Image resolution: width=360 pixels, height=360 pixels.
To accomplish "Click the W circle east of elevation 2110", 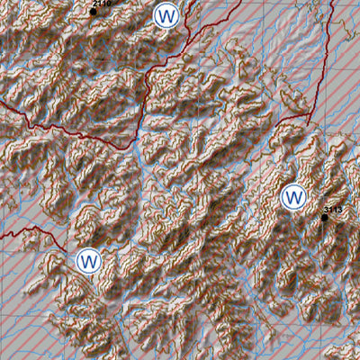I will pos(166,16).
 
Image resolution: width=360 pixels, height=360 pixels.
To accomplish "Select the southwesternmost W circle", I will pos(88,261).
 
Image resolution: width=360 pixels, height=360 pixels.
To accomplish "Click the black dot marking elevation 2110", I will pos(93,12).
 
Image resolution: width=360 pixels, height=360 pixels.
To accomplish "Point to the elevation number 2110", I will pos(103,4).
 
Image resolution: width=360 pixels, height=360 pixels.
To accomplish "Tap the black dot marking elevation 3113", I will pos(325,217).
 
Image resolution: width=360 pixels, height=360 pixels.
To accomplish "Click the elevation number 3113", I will pos(333,210).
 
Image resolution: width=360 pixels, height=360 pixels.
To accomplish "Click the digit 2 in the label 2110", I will pos(94,4).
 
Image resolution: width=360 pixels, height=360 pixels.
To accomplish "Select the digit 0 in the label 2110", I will pos(111,4).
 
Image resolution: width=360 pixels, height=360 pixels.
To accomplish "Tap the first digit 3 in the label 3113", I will pos(326,210).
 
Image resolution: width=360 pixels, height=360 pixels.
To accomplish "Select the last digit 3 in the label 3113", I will pos(341,210).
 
